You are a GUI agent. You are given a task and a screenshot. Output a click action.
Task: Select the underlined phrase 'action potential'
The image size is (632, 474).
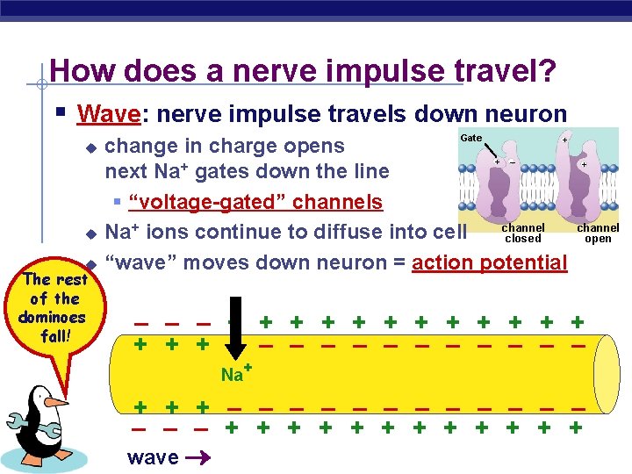(x=490, y=262)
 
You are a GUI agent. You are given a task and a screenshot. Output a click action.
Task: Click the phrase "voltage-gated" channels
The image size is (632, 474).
(x=255, y=203)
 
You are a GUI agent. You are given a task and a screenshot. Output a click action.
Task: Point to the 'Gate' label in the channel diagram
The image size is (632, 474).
(x=471, y=138)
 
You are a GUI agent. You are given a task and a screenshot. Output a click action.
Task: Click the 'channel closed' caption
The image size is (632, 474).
(x=523, y=233)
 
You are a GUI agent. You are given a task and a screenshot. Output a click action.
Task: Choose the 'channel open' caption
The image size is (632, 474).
(x=598, y=233)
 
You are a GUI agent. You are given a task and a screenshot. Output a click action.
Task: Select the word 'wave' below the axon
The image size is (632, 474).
(x=153, y=457)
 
